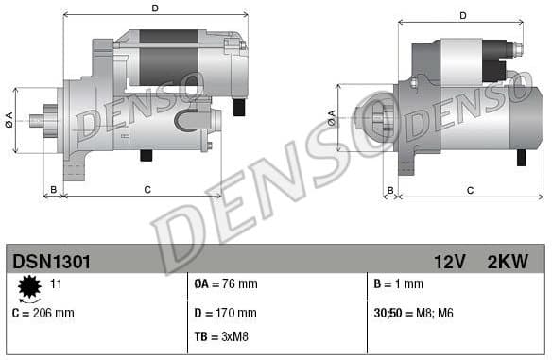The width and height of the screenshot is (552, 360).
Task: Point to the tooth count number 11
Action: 56,283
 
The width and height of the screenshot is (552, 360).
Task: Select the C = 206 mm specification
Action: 43,312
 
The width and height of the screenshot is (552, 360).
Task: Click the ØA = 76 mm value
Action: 225,283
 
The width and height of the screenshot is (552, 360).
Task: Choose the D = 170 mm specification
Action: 225,312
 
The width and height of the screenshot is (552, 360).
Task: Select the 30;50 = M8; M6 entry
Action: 414,312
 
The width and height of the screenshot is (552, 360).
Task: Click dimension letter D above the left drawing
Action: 155,9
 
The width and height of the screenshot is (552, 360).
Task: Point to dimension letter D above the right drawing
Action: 463,15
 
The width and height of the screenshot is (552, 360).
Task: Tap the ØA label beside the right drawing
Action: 332,117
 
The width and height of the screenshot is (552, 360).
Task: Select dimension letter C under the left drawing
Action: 147,189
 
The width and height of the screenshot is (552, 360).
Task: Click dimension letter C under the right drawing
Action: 470,190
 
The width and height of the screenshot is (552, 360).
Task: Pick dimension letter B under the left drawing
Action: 54,189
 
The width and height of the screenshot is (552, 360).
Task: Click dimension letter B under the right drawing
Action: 389,190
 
